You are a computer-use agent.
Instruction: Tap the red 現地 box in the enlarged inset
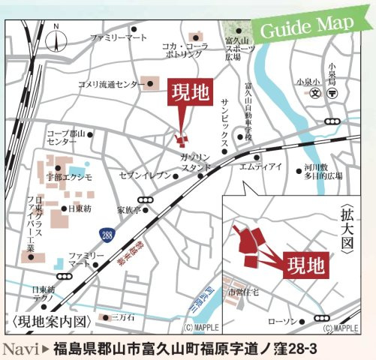(x=307, y=265)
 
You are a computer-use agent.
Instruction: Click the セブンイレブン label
(x=145, y=177)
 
